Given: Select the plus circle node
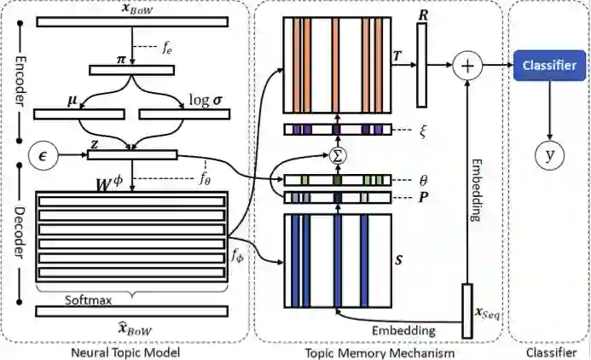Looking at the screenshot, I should (x=466, y=65).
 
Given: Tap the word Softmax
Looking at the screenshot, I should (x=89, y=300).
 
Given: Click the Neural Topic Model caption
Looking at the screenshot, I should (x=128, y=351).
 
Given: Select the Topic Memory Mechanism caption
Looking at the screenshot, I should (x=380, y=351).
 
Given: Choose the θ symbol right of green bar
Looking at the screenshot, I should (x=411, y=180).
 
